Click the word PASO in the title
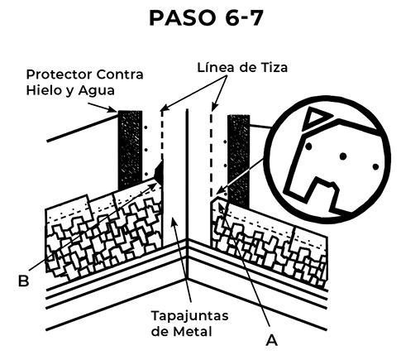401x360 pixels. point(182,18)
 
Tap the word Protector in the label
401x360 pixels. point(60,74)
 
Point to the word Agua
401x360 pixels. point(96,91)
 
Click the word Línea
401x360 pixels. point(215,68)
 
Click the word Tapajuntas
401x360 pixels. point(190,316)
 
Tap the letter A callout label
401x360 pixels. point(272,340)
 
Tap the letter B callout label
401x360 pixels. point(23,281)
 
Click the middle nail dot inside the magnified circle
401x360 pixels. point(343,156)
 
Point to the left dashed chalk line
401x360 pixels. point(162,135)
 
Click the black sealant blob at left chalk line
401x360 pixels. point(160,171)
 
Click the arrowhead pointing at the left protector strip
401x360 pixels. point(113,110)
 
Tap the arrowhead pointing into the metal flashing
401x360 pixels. point(173,221)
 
